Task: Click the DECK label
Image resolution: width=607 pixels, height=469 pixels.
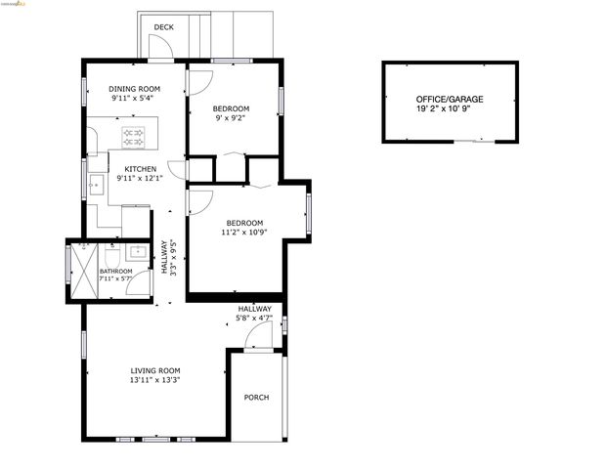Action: tap(164, 27)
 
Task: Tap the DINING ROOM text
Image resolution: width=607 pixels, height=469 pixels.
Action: tap(134, 89)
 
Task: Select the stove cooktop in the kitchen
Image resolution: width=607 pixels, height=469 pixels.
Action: tap(134, 138)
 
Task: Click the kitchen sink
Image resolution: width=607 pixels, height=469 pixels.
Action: tap(96, 183)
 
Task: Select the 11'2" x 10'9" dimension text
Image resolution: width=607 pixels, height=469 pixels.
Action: tap(244, 233)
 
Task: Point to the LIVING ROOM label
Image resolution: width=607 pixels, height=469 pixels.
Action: tap(155, 370)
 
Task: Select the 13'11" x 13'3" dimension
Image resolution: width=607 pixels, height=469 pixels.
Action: tap(155, 379)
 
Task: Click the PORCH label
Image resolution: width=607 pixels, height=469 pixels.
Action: tap(256, 398)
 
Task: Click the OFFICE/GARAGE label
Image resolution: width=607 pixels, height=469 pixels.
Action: tap(449, 100)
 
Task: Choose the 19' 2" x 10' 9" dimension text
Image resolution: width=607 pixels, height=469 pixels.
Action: tap(449, 109)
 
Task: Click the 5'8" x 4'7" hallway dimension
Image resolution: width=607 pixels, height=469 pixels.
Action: tap(254, 318)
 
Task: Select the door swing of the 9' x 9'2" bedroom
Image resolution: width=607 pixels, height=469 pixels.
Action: tap(198, 83)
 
